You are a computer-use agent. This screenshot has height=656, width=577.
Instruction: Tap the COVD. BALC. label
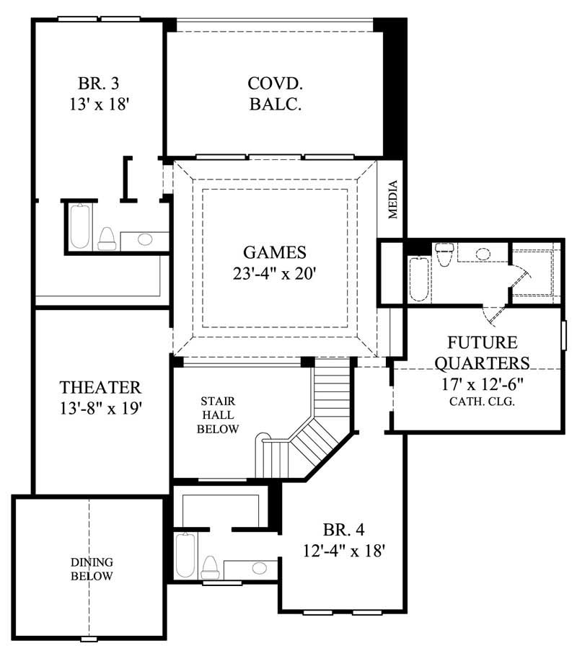pyautogui.click(x=275, y=94)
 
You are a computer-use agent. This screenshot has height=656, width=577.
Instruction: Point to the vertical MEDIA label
pyautogui.click(x=393, y=199)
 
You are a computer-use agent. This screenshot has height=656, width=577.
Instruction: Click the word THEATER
pyautogui.click(x=100, y=388)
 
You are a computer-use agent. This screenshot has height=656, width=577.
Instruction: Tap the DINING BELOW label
pyautogui.click(x=92, y=569)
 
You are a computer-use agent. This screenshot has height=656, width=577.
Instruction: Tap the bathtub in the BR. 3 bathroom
pyautogui.click(x=79, y=226)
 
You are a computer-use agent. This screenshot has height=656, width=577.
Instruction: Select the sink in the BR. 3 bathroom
pyautogui.click(x=144, y=239)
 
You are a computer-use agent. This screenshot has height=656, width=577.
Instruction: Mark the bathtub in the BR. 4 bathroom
pyautogui.click(x=185, y=555)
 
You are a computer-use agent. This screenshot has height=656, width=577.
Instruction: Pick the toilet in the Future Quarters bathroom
pyautogui.click(x=443, y=256)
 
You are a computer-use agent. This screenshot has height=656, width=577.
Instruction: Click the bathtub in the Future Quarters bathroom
pyautogui.click(x=418, y=280)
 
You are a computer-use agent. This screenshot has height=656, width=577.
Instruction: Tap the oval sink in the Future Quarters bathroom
pyautogui.click(x=483, y=253)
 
